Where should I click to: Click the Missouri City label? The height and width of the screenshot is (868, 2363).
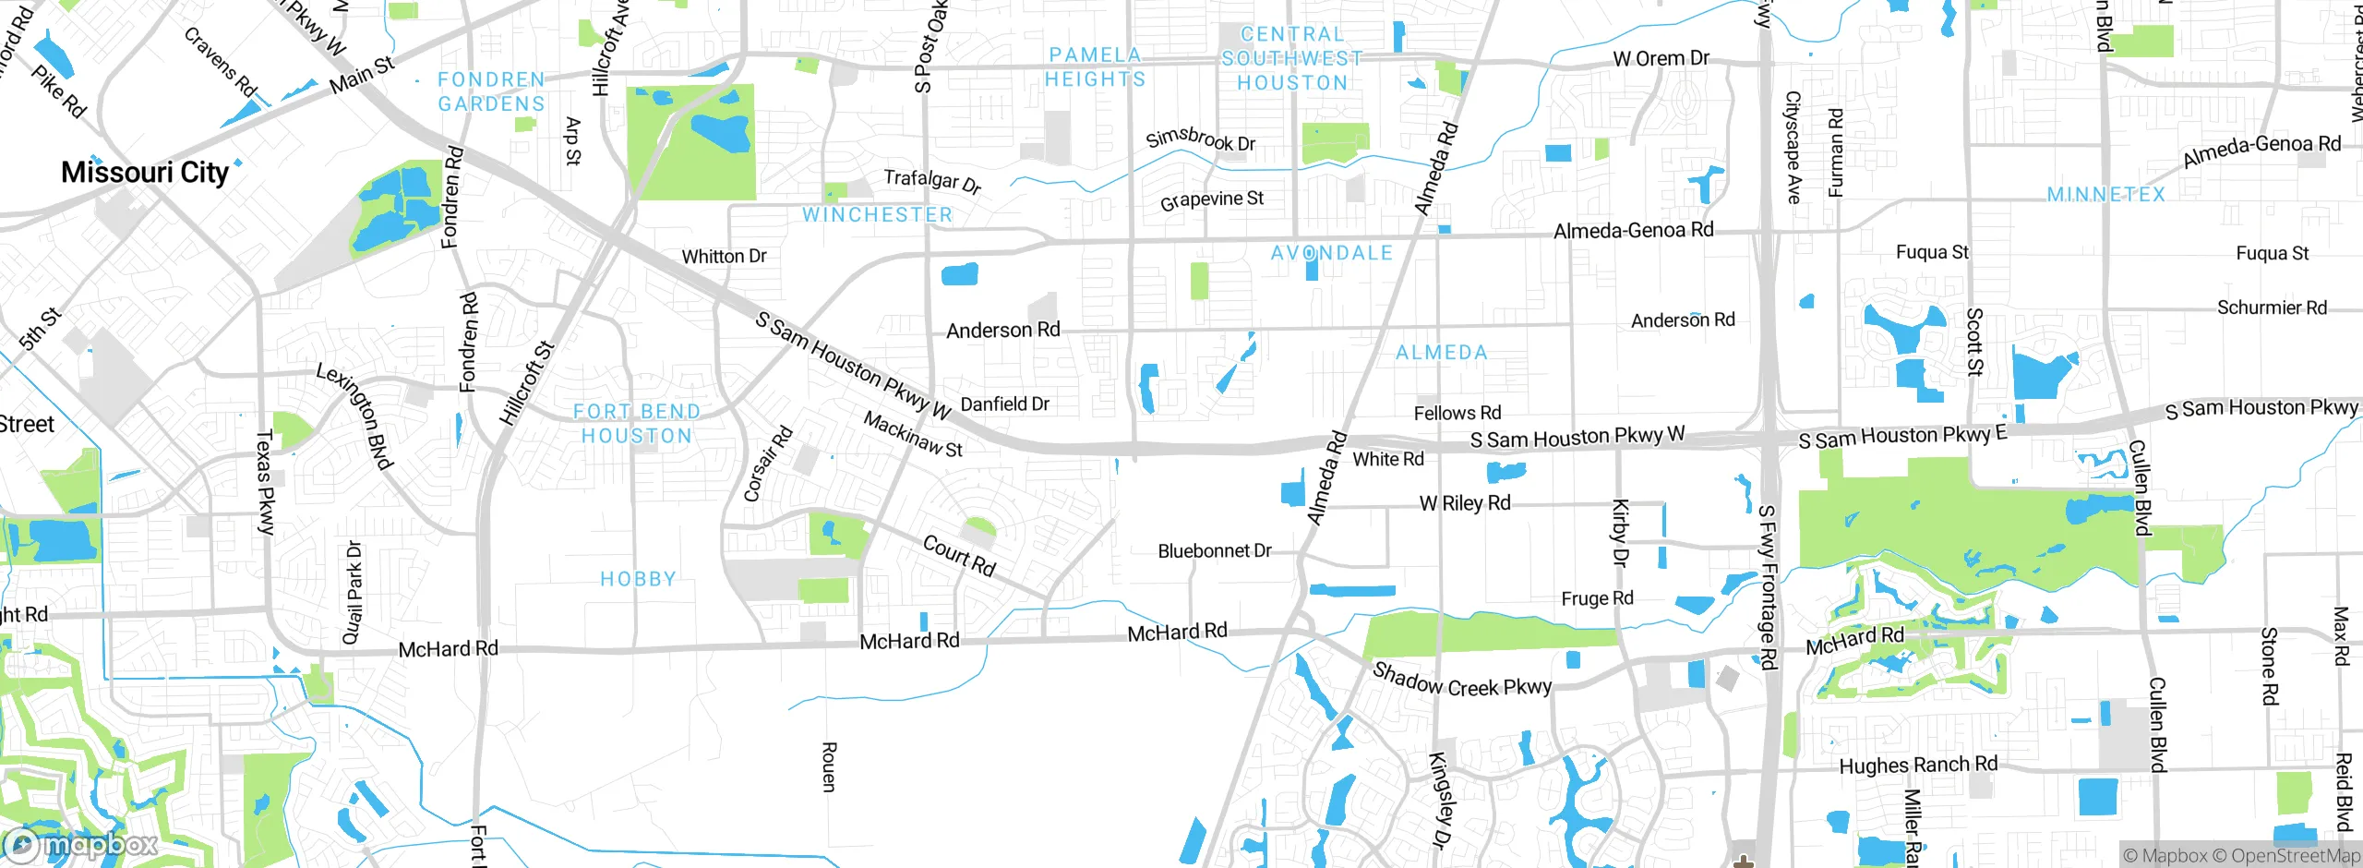pyautogui.click(x=145, y=173)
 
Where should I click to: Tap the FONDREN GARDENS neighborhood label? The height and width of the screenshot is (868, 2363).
pyautogui.click(x=491, y=91)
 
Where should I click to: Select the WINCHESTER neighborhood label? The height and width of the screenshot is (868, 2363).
pyautogui.click(x=877, y=215)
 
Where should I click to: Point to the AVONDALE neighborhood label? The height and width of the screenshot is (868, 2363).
pyautogui.click(x=1331, y=253)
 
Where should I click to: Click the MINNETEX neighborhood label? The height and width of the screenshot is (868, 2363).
pyautogui.click(x=2105, y=195)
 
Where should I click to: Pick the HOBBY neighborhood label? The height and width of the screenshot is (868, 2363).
pyautogui.click(x=638, y=579)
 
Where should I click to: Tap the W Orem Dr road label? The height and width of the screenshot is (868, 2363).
pyautogui.click(x=1661, y=58)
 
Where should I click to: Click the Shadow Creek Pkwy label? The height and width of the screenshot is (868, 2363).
pyautogui.click(x=1461, y=681)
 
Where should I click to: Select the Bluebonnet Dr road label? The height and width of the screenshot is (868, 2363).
pyautogui.click(x=1214, y=551)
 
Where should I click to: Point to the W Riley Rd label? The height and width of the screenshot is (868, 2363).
pyautogui.click(x=1464, y=503)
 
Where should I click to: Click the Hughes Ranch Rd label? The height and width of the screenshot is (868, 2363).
pyautogui.click(x=1917, y=766)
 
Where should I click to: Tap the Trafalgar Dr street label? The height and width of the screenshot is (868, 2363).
pyautogui.click(x=931, y=180)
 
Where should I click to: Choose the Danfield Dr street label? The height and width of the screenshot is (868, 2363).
pyautogui.click(x=1004, y=404)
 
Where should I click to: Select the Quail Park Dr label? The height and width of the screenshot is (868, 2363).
pyautogui.click(x=353, y=592)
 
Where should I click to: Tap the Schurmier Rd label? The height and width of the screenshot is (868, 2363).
pyautogui.click(x=2272, y=307)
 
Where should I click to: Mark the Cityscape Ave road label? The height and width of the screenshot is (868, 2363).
pyautogui.click(x=1793, y=147)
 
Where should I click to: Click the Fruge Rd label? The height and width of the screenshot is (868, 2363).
pyautogui.click(x=1597, y=598)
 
